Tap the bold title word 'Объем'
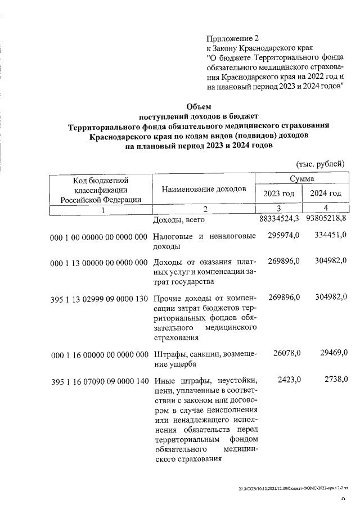tap(199, 106)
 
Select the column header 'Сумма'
tap(302, 178)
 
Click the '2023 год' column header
tap(279, 193)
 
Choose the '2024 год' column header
tap(326, 193)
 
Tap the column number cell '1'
tap(102, 209)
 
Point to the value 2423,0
tap(289, 381)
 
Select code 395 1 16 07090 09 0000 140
tap(99, 381)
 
